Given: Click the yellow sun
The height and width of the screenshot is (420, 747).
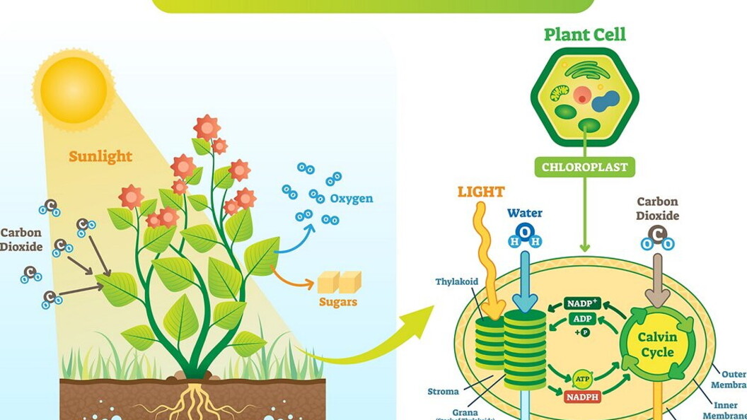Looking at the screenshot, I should (x=74, y=89).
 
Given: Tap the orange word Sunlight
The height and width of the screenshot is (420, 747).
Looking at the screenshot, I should (x=100, y=156).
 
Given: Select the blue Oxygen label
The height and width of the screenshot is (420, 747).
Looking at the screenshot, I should (x=352, y=199).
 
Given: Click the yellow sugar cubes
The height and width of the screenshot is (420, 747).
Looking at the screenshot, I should (x=339, y=282).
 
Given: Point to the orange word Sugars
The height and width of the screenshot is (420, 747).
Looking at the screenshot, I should (x=338, y=302).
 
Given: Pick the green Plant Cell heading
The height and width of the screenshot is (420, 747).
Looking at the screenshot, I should (x=585, y=35).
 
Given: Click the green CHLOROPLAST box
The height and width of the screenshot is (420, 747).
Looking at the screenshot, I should (x=584, y=168).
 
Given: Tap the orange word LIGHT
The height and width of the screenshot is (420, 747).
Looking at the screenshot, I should (x=481, y=192).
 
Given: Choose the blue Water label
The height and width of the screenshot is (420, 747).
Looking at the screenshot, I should (x=525, y=213).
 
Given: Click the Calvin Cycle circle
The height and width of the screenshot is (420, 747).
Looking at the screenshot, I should (x=658, y=344).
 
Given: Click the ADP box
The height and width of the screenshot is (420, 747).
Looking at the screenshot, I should (x=582, y=318).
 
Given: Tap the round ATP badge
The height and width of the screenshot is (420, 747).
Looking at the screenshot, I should (x=583, y=378).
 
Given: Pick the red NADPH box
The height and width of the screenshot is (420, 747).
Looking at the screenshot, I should (x=583, y=397).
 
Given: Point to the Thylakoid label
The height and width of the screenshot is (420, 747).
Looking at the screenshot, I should (x=456, y=281).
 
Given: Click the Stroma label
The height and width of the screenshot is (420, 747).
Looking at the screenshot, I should (x=443, y=391).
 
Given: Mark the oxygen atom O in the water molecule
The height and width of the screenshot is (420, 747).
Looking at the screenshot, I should (x=525, y=231).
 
